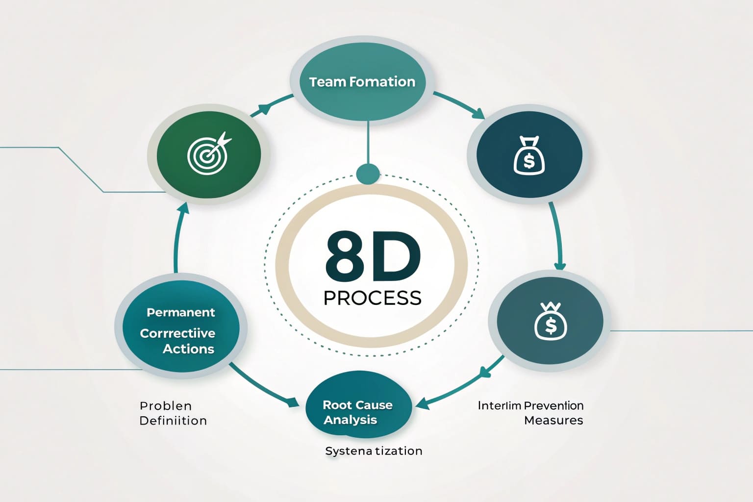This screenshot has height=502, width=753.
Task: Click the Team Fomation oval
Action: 362,82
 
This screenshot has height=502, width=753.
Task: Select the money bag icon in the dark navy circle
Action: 529,155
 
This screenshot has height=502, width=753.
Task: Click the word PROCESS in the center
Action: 373,298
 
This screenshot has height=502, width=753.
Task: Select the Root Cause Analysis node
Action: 357,412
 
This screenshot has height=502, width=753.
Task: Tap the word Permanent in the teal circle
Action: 180,312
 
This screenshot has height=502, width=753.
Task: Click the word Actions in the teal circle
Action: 188,349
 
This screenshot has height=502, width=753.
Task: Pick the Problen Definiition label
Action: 173,413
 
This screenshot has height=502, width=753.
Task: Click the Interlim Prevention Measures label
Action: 531,413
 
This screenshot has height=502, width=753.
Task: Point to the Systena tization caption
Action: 374,451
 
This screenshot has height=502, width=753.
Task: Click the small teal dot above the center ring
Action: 368,174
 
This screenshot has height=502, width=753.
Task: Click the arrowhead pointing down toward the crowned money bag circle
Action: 559,265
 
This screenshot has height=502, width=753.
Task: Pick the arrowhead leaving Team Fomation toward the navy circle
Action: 478,114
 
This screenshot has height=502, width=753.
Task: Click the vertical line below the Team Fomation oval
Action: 368,142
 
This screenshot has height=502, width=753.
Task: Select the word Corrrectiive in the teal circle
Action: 177,333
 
